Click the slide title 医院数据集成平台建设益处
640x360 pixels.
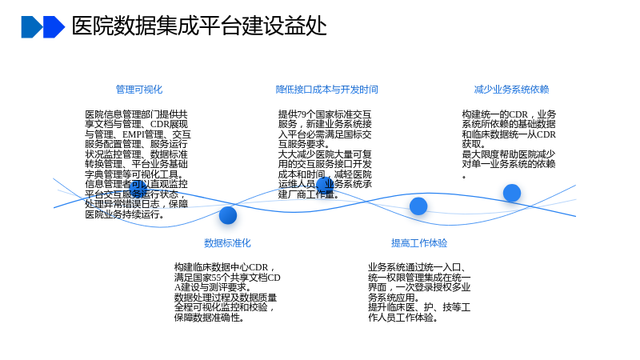[199, 26]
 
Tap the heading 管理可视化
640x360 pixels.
[138, 90]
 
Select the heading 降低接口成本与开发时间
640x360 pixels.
[326, 90]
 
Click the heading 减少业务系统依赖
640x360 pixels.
[511, 90]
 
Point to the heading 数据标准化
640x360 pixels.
[227, 243]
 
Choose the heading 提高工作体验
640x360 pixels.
[419, 243]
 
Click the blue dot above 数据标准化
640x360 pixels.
[228, 215]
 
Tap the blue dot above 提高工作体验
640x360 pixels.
[418, 206]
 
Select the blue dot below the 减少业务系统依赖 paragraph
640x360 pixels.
[512, 193]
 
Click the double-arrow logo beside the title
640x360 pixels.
[43, 27]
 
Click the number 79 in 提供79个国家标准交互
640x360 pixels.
[302, 114]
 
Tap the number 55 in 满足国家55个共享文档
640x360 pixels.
[216, 278]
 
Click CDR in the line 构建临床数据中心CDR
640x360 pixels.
[258, 267]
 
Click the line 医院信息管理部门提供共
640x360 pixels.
[136, 114]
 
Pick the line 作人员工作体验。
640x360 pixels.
[403, 317]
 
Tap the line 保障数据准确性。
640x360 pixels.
[210, 317]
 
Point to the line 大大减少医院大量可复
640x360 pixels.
[325, 154]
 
